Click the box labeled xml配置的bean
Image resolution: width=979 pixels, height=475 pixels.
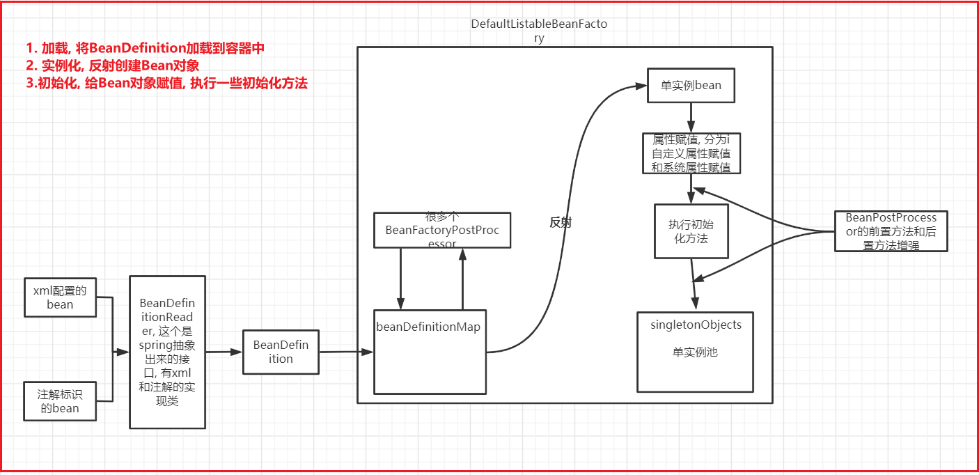60,297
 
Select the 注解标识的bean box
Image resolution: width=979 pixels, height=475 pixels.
60,401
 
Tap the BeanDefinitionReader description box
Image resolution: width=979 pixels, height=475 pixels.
167,352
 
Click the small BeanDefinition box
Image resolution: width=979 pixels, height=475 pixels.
281,352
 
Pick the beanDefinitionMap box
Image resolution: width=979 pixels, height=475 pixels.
430,352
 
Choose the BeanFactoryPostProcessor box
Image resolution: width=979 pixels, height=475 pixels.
442,230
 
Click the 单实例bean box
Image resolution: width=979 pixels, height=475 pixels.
691,86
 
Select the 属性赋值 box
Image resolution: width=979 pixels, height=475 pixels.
691,153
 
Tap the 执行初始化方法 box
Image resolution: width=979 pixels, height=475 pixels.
691,231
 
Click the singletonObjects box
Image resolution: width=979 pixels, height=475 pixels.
696,352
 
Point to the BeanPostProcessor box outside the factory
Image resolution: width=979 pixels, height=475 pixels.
891,231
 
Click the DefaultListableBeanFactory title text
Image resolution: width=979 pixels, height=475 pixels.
539,31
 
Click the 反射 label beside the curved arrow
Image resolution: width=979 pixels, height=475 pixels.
561,222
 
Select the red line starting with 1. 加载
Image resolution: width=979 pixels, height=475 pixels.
146,49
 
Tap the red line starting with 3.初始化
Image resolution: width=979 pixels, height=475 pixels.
167,84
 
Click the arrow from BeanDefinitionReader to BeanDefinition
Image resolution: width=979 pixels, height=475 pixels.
224,352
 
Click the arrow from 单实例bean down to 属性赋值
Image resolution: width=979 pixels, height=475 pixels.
691,117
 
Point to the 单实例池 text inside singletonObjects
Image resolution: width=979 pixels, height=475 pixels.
694,352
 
